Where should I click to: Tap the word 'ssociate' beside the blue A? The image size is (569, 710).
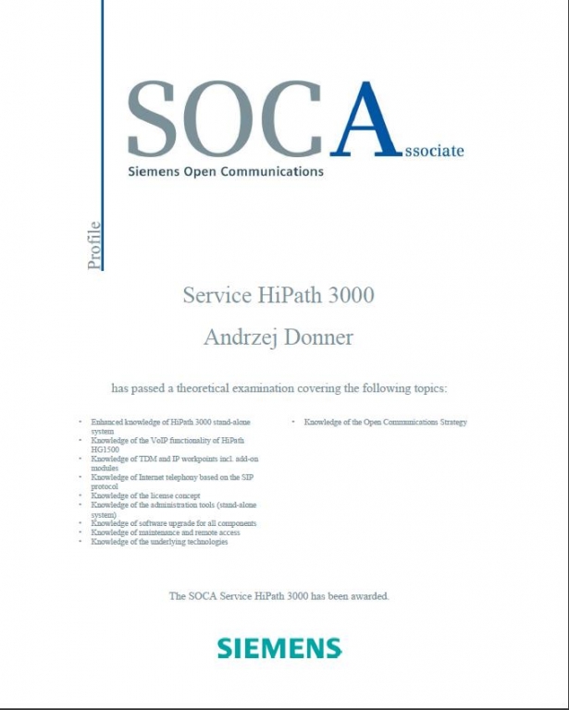[434, 150]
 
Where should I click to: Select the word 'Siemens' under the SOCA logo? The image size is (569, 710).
[153, 172]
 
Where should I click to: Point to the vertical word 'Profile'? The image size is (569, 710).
[93, 246]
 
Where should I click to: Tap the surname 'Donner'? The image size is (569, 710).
[319, 338]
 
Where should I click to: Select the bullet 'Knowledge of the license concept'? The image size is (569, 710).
[144, 496]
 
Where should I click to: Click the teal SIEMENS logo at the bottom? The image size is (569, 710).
[279, 647]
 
